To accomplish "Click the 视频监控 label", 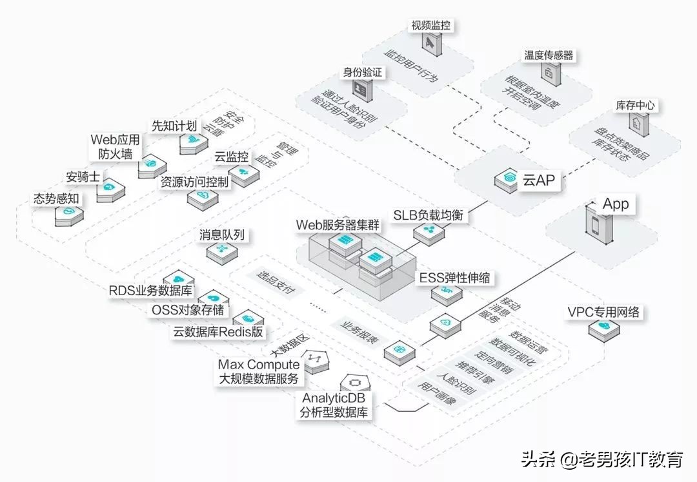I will (x=430, y=26).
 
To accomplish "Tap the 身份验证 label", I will (x=362, y=73).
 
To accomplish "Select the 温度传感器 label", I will (x=548, y=55).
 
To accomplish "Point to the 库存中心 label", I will (x=637, y=106).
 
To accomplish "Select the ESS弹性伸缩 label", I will (x=454, y=278).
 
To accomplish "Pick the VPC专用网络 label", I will (x=603, y=313).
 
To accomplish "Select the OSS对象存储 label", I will (x=188, y=310).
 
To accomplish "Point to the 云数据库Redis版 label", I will (x=219, y=332).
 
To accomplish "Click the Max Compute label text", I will (x=259, y=365).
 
